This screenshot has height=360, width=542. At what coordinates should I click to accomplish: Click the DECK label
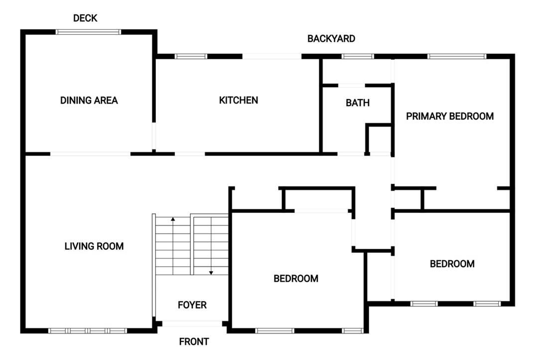(85, 18)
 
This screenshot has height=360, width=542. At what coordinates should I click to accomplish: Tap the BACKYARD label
(331, 38)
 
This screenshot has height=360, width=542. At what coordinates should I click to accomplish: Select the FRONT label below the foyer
(194, 342)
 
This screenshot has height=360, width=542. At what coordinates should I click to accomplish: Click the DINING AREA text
(89, 100)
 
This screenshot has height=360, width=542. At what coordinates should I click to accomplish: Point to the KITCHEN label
(239, 100)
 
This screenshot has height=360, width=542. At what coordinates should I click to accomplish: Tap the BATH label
(358, 103)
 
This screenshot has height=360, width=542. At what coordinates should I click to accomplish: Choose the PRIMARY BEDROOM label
(450, 116)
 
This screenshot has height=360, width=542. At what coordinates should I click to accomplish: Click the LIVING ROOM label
(94, 246)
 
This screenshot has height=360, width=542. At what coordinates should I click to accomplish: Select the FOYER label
(192, 305)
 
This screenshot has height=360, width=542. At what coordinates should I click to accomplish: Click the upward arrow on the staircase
(173, 219)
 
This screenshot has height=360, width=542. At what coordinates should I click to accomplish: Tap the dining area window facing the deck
(88, 32)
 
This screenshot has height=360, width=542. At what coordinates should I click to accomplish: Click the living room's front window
(88, 330)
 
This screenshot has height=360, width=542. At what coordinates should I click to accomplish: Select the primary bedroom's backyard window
(457, 56)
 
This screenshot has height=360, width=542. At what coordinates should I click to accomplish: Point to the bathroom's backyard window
(358, 56)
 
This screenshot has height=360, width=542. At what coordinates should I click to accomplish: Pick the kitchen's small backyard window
(191, 56)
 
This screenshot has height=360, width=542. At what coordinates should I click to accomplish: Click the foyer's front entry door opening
(192, 324)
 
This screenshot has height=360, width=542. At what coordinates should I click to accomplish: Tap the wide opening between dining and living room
(90, 154)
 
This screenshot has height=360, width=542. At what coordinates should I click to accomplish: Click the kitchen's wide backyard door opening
(272, 56)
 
